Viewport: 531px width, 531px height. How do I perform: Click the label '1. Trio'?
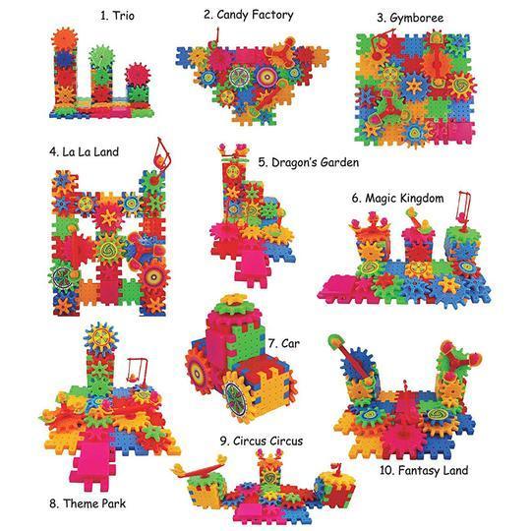click(x=117, y=16)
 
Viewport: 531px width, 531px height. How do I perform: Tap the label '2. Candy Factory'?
click(x=249, y=15)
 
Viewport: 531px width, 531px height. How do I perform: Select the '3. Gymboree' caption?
click(x=410, y=18)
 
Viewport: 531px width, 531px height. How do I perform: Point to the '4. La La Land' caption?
click(x=84, y=151)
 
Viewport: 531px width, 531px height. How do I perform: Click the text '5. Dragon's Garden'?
click(x=309, y=162)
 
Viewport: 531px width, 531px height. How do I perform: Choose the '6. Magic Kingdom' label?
click(x=397, y=198)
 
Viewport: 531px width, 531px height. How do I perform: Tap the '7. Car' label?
click(x=284, y=343)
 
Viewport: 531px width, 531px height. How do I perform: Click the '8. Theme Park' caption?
click(x=88, y=503)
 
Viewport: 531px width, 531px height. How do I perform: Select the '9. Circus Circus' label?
click(x=262, y=441)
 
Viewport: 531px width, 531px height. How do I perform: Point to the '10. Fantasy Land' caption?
click(x=424, y=470)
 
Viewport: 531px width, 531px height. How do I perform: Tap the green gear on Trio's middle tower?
click(x=102, y=56)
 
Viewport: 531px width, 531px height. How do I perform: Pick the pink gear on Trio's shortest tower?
click(x=137, y=75)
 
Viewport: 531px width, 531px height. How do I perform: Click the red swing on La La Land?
click(x=161, y=154)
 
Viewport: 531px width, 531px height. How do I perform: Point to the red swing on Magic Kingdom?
click(x=462, y=207)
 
